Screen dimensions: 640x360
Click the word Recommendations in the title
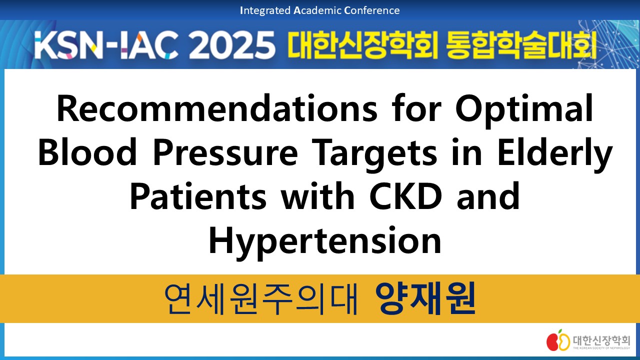[217, 108]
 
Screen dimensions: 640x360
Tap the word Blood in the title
[87, 151]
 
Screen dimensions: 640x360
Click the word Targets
[374, 154]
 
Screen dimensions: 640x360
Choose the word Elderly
[555, 154]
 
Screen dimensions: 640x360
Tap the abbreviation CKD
[405, 195]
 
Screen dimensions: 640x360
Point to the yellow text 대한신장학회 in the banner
[362, 45]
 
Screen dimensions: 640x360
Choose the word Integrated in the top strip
[265, 10]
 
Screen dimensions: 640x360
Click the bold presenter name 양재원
[425, 298]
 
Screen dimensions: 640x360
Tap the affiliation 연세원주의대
[261, 299]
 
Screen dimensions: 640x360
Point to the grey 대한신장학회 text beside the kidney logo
[601, 340]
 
